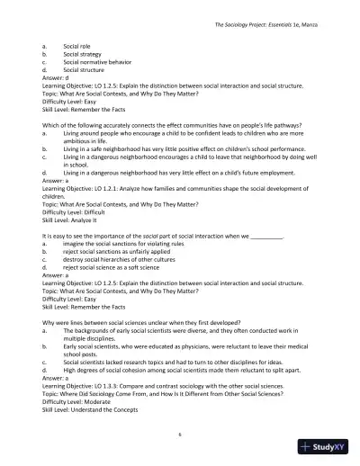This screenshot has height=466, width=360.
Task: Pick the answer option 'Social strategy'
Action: coord(83,52)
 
